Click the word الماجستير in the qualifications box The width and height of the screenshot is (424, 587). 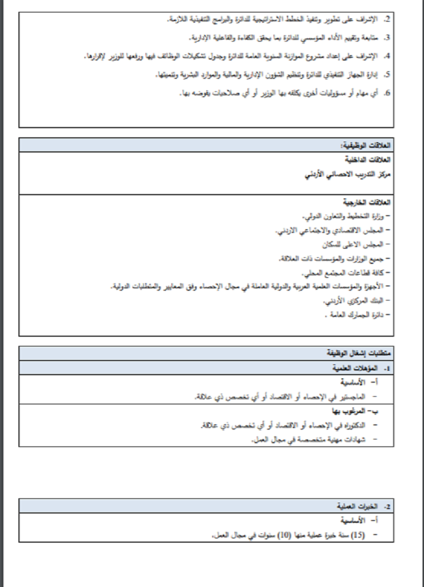pyautogui.click(x=362, y=397)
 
